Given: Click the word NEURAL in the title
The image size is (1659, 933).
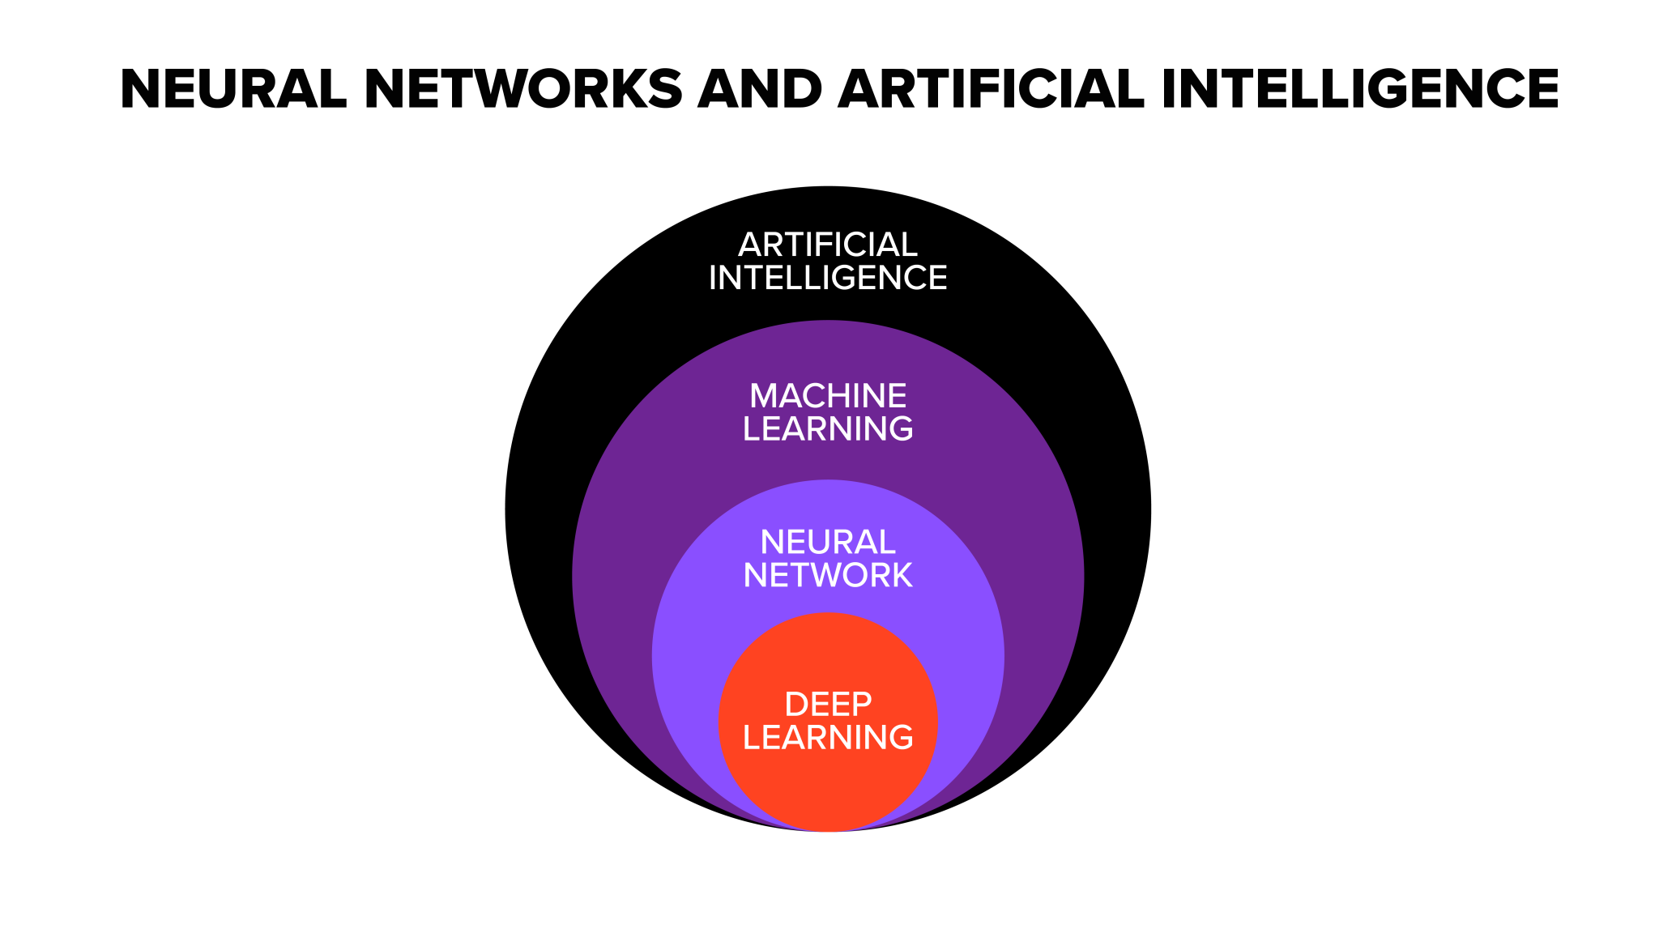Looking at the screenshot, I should point(233,89).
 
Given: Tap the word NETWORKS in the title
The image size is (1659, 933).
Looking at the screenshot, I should point(523,89).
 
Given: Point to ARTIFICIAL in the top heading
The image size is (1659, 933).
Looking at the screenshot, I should point(991,89).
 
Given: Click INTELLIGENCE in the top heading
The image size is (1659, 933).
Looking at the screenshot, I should point(1359,89).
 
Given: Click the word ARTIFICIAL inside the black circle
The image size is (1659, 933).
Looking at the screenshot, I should point(828,245).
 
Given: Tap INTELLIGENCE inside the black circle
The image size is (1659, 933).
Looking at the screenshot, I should point(828,279).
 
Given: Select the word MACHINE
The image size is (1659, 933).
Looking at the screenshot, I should point(828,396).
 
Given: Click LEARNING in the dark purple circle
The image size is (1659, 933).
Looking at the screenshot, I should point(828,429).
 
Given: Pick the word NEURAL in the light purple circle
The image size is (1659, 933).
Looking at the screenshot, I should point(828,542).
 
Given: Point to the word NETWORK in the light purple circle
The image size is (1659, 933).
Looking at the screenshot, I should point(828,576).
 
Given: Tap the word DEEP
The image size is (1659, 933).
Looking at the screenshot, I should point(828,705).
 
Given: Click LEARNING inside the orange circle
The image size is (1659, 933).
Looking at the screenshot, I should point(828,738).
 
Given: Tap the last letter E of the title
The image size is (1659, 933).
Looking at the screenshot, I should point(1542,89).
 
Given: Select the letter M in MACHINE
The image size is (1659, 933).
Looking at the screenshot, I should point(765,396).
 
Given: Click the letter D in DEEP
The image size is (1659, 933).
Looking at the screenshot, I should point(796,705).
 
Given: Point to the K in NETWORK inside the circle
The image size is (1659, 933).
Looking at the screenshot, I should point(901,576).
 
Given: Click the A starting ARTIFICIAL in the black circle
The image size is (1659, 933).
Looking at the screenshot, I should point(750,245).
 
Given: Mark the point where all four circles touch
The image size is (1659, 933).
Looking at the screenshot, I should point(828,831).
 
